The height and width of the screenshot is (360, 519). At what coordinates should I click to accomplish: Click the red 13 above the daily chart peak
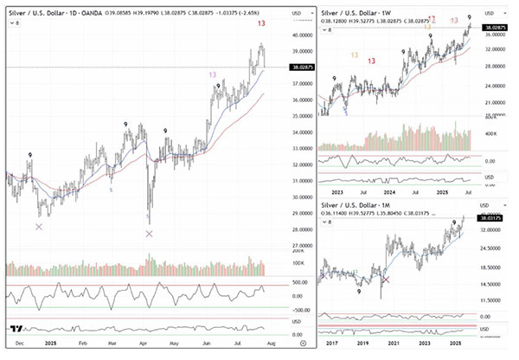click(x=261, y=23)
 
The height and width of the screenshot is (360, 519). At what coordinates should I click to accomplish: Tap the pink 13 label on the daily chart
click(x=212, y=75)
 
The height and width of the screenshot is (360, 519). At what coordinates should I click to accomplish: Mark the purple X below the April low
click(x=150, y=234)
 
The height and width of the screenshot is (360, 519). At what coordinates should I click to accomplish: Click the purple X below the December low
click(x=38, y=227)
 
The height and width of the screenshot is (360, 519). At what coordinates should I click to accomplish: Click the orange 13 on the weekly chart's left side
click(x=356, y=55)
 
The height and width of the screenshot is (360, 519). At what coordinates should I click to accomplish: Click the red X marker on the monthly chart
click(x=386, y=280)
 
